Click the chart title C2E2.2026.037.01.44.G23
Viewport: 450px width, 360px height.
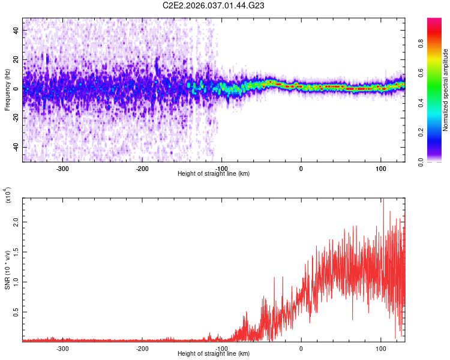point(214,6)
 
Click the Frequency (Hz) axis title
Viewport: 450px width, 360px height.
point(7,89)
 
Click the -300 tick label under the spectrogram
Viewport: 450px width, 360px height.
point(63,168)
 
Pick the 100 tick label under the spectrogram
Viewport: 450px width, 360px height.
point(380,168)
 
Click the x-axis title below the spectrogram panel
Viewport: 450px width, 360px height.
point(214,173)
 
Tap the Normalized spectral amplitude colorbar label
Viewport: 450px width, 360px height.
point(446,89)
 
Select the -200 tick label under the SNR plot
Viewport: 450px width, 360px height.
point(142,348)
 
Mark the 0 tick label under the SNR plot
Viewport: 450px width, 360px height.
point(301,348)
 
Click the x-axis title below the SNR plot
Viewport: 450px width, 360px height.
point(214,353)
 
